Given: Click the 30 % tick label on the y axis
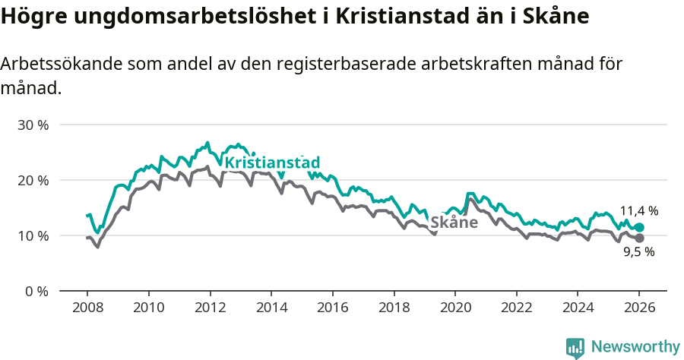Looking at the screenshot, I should [33, 125].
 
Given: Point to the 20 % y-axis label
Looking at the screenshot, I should [33, 180].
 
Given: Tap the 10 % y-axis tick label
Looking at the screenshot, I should [33, 235].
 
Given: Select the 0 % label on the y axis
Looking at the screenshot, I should [36, 291].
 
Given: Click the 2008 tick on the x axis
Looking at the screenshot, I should [87, 309].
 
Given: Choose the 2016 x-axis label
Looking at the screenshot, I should [332, 309].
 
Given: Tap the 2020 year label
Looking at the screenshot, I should [454, 309].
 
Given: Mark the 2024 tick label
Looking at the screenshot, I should [577, 309].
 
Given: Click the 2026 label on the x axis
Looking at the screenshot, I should [638, 309].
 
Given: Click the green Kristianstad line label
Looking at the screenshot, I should [272, 163].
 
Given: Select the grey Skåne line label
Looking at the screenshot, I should [454, 223].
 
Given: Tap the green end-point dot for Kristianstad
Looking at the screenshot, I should [639, 228].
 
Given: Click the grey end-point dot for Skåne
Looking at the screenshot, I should [639, 238].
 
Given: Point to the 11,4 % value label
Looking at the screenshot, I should [638, 211].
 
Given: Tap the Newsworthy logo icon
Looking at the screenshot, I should [575, 347].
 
